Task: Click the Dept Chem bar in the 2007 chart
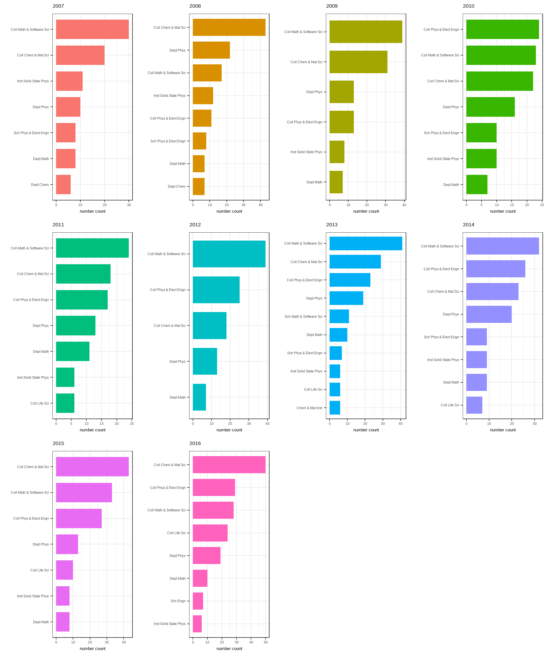(x=63, y=184)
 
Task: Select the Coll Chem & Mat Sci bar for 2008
(x=229, y=28)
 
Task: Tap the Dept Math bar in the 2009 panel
(x=336, y=182)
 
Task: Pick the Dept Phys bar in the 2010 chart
(x=490, y=107)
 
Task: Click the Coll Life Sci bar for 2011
(x=65, y=403)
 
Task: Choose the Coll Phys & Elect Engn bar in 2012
(x=216, y=290)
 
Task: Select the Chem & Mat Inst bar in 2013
(x=334, y=408)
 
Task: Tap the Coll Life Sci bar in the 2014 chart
(x=474, y=405)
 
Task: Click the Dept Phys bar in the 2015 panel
(x=67, y=544)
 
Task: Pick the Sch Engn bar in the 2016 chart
(x=198, y=601)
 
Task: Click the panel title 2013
(x=332, y=225)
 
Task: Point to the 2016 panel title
(x=195, y=443)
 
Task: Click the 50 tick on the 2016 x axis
(x=266, y=642)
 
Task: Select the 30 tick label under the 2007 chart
(x=129, y=205)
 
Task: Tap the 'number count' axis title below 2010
(x=503, y=211)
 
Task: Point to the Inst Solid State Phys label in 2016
(x=170, y=624)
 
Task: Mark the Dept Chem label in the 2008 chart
(x=176, y=186)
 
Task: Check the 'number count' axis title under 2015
(x=93, y=649)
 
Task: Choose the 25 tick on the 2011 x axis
(x=132, y=424)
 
